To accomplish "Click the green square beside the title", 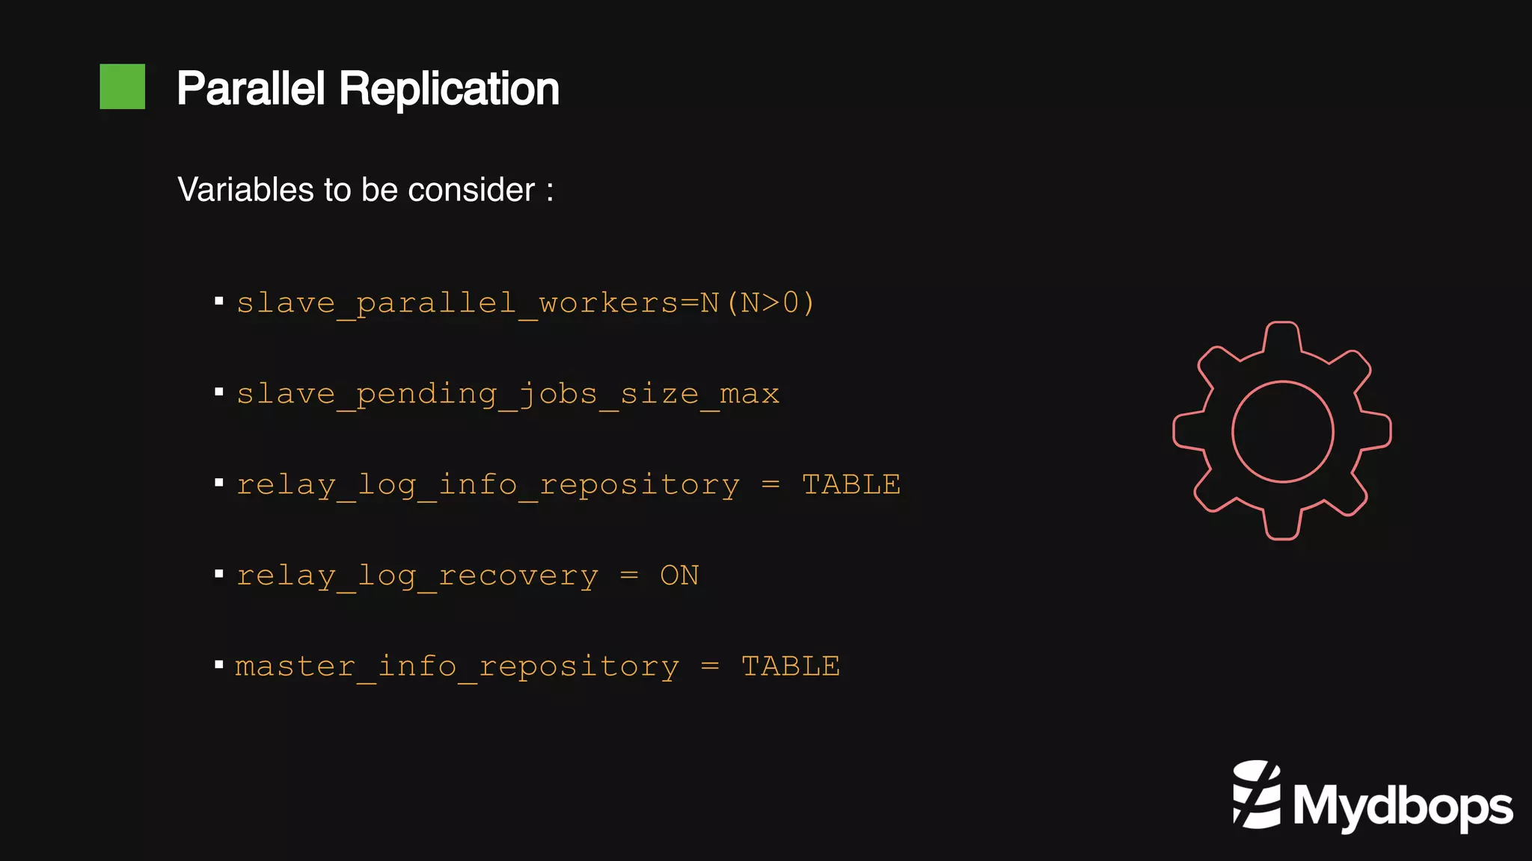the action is (x=122, y=87).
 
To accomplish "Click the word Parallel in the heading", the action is (x=251, y=89).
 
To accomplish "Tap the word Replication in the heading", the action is (x=449, y=89).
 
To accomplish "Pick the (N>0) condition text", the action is (x=770, y=303).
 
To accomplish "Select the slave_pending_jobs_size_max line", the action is (x=508, y=394).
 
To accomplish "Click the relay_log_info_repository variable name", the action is (x=488, y=485).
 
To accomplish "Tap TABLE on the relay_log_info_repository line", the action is (x=851, y=485).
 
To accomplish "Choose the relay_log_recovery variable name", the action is (x=417, y=575).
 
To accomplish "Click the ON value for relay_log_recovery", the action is (x=679, y=575).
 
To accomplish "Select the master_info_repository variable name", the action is (x=457, y=666).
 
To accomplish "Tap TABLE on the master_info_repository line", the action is (x=791, y=666).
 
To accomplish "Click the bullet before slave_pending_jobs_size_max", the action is (x=219, y=392).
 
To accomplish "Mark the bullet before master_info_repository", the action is (x=219, y=664).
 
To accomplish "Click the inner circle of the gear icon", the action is (x=1282, y=431).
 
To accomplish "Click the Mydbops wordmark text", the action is (x=1403, y=807).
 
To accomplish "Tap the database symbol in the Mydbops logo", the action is (x=1257, y=794).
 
